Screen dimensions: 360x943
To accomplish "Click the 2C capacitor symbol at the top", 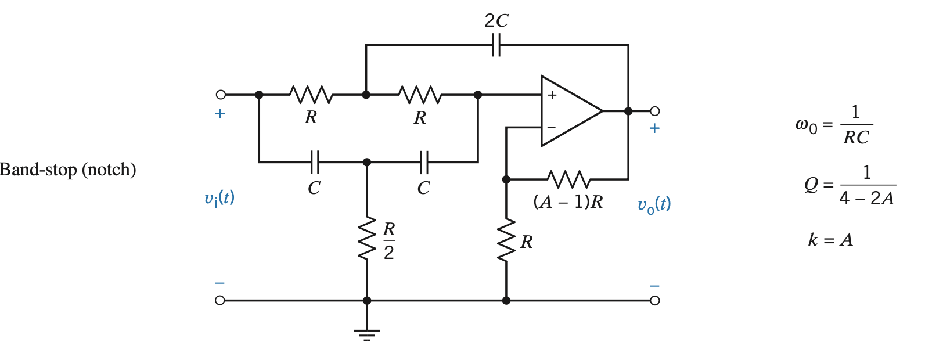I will click(496, 45).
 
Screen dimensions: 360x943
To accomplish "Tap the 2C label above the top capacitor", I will click(496, 21).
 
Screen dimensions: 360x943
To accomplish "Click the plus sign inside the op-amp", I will click(552, 95).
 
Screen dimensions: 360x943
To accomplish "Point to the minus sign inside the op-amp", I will click(552, 127).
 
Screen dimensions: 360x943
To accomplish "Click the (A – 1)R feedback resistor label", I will click(568, 201).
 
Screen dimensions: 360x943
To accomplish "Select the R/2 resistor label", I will click(389, 240).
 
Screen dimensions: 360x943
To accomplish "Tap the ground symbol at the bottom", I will click(367, 334).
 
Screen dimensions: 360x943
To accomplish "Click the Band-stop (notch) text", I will click(68, 170).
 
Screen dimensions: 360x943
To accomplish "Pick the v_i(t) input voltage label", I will click(219, 198).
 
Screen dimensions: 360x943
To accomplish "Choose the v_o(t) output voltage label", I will click(654, 204).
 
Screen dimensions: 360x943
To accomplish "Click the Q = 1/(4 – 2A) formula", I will click(850, 185).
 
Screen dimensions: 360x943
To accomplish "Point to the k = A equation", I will click(830, 239).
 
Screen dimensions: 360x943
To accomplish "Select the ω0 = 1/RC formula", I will click(834, 124).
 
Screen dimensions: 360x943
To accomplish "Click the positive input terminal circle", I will click(221, 95).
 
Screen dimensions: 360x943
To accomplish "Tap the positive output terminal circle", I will click(655, 111).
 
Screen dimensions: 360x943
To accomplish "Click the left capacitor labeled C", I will click(314, 162).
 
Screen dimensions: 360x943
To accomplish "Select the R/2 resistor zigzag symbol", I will click(367, 239).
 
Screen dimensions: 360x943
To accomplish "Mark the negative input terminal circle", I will click(219, 300).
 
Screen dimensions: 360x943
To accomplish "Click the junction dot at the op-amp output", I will click(628, 111).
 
